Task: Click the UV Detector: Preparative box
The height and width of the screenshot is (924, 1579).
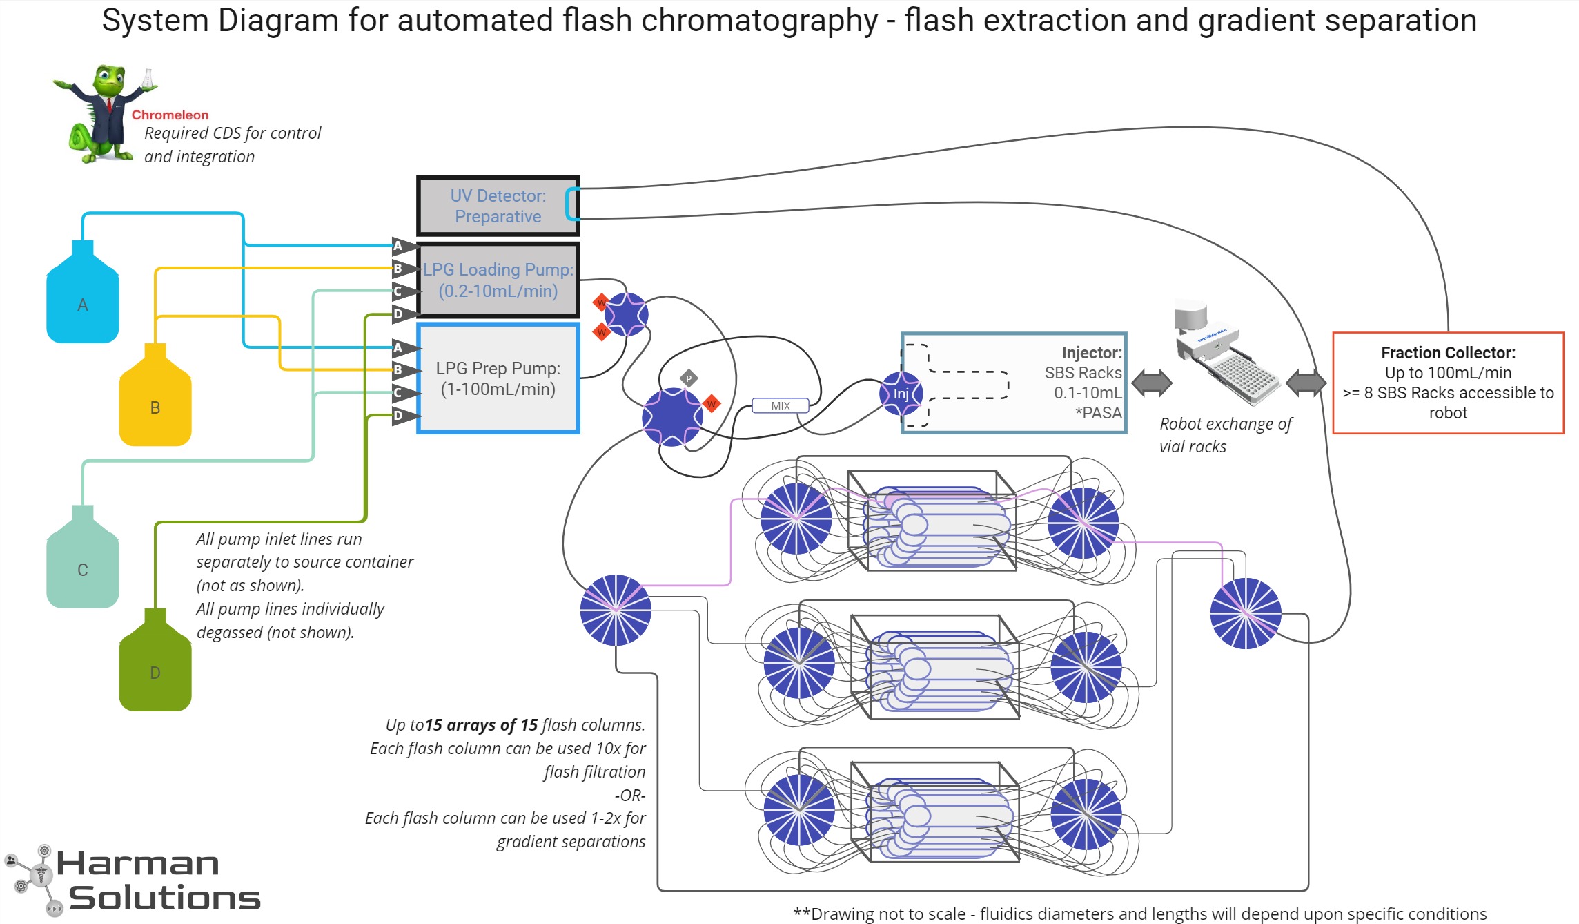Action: click(498, 206)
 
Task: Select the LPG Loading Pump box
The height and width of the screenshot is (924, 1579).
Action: click(498, 280)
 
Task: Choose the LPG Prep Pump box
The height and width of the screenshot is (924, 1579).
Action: click(498, 378)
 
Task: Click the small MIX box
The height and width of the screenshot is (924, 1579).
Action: click(780, 406)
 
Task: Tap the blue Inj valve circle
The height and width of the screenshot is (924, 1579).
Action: click(901, 394)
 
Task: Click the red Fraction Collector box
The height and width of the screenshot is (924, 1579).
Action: click(1447, 383)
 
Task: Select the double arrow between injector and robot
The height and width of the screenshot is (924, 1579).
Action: click(1151, 383)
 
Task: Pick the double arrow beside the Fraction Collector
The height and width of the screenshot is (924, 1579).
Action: click(1306, 383)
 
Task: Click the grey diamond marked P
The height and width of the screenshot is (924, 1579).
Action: click(688, 378)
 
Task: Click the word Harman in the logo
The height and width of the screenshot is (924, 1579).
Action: click(138, 864)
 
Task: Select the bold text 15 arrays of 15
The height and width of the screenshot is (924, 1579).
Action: click(481, 725)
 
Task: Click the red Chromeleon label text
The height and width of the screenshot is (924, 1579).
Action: click(170, 115)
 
